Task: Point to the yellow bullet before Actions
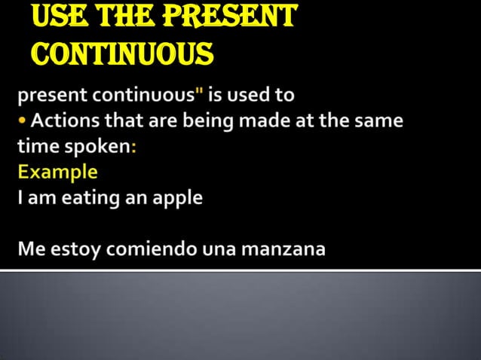(22, 121)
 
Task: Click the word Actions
(62, 121)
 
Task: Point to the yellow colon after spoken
(133, 148)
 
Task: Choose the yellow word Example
(57, 172)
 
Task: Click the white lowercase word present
(50, 96)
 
